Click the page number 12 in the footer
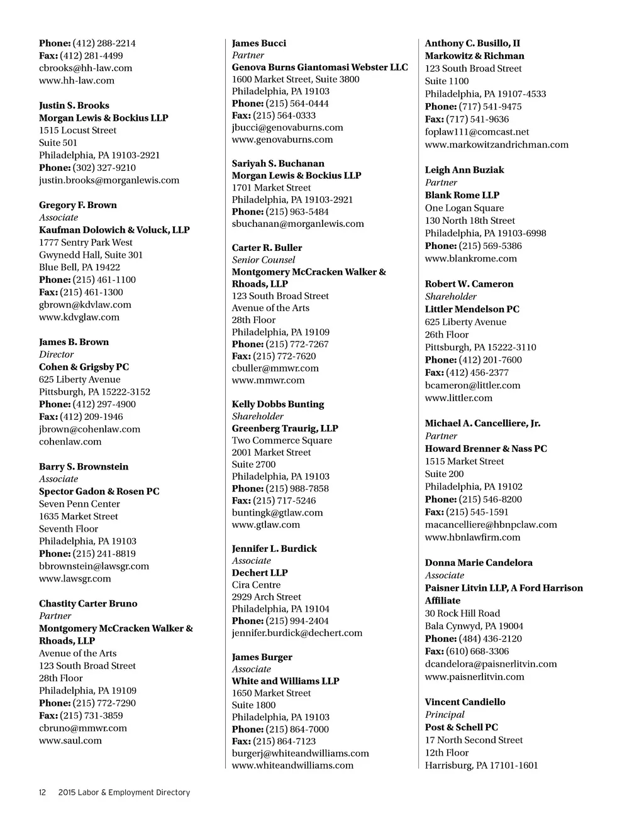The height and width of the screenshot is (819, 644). [x=43, y=793]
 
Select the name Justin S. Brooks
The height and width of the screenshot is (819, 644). [x=74, y=106]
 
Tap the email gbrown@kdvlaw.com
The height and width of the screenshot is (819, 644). [x=85, y=305]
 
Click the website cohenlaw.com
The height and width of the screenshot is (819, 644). [x=70, y=442]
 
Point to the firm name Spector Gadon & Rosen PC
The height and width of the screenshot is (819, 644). [x=99, y=492]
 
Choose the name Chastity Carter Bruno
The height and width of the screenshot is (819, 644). [x=88, y=603]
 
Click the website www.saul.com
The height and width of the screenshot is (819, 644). [x=70, y=740]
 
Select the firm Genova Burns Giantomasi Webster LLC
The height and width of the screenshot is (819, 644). [x=319, y=67]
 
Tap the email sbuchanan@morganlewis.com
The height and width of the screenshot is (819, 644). [x=297, y=224]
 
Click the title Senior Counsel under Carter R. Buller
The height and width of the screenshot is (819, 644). [x=263, y=260]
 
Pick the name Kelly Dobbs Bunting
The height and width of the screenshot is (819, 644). [x=278, y=404]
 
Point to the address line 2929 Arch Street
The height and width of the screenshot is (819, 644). [x=266, y=597]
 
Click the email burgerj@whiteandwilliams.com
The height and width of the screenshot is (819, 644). [x=300, y=753]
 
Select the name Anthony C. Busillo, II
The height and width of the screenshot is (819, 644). [x=472, y=43]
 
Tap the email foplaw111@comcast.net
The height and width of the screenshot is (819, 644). [x=477, y=132]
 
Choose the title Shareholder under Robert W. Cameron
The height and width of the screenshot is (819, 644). [x=450, y=297]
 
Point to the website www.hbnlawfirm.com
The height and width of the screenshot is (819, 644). [x=472, y=537]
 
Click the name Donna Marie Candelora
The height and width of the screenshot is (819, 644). [x=478, y=563]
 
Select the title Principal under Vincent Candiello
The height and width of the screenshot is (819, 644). [x=444, y=715]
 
